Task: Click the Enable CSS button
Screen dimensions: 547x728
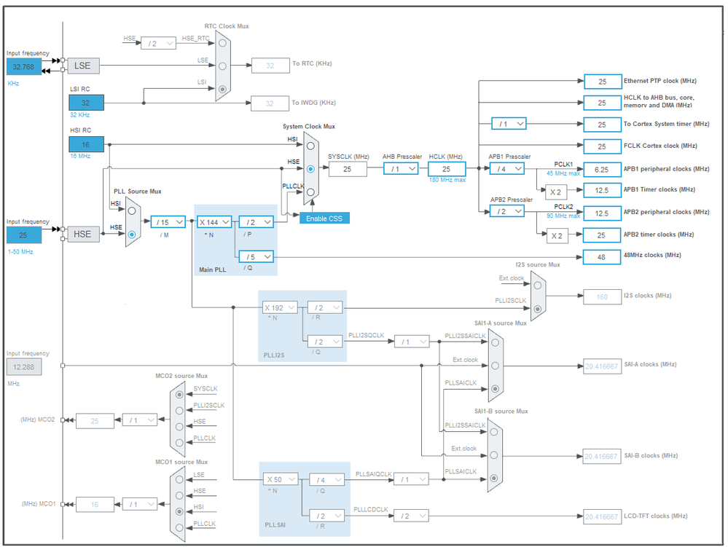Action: [x=325, y=219]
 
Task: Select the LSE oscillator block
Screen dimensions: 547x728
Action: [x=83, y=66]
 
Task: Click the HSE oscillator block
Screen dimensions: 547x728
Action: [x=83, y=234]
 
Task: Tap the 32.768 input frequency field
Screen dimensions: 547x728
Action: [x=24, y=66]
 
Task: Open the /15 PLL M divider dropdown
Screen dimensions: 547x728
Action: [x=168, y=221]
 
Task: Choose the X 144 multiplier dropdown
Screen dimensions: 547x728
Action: [x=214, y=221]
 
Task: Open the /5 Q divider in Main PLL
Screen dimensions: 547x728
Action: [x=256, y=256]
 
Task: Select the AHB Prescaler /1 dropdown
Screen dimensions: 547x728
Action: [x=401, y=168]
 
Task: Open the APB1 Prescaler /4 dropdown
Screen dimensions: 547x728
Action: [x=508, y=168]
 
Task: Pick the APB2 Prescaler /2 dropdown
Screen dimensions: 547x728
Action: [x=508, y=211]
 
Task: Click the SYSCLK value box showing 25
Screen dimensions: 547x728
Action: [x=347, y=169]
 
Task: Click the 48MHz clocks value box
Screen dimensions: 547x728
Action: [x=602, y=256]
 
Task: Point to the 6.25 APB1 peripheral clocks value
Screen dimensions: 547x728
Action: [x=602, y=169]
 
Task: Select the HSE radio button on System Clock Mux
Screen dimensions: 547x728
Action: [x=311, y=168]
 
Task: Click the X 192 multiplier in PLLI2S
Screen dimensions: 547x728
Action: [x=280, y=307]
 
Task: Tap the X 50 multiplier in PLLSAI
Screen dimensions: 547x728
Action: [x=281, y=479]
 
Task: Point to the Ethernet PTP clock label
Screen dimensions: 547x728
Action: [x=659, y=81]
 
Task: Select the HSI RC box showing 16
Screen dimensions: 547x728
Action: [x=87, y=144]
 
